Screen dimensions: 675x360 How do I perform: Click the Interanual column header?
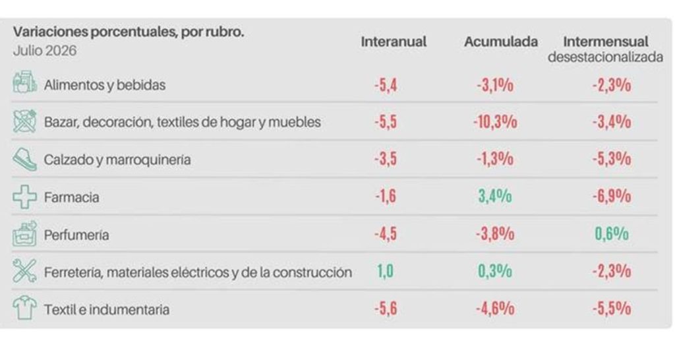[x=394, y=42]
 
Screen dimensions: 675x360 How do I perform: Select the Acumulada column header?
[x=501, y=42]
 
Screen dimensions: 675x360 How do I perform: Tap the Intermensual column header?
[x=606, y=42]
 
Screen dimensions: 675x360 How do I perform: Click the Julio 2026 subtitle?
[x=45, y=51]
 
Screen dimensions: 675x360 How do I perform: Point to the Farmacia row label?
[x=71, y=197]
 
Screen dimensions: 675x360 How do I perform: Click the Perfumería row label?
[x=76, y=235]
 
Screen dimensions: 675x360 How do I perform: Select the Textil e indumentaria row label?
[x=106, y=310]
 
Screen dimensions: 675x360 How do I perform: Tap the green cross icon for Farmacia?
[x=24, y=197]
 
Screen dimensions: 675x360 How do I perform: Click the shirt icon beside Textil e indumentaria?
[x=24, y=307]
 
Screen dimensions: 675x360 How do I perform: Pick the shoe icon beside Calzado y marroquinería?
[x=24, y=160]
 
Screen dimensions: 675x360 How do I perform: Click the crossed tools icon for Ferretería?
[x=24, y=270]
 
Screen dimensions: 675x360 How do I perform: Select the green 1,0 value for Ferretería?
[x=385, y=271]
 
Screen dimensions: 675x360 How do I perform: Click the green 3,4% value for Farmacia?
[x=495, y=196]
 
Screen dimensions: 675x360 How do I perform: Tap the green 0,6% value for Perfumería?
[x=612, y=234]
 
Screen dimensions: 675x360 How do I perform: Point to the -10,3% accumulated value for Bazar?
[x=495, y=122]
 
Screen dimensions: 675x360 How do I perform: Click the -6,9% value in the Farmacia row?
[x=612, y=196]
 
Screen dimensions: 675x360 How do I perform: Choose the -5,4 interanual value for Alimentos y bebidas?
[x=386, y=85]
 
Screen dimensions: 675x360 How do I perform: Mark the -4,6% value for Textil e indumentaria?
[x=495, y=309]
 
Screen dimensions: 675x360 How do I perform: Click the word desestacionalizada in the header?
[x=605, y=57]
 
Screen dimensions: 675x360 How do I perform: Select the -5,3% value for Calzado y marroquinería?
[x=612, y=159]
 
